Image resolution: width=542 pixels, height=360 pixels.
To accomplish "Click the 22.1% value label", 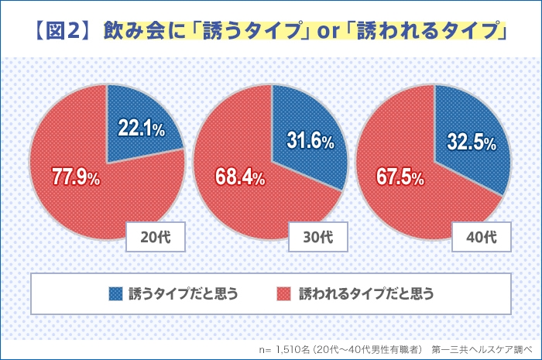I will [141, 129].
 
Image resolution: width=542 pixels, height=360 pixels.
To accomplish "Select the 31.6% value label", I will [310, 142].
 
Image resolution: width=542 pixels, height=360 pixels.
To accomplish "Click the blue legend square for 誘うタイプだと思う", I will [115, 293].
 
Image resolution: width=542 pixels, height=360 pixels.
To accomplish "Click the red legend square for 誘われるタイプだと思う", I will [284, 293].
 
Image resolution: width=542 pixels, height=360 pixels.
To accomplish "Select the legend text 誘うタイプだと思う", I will [182, 293].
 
